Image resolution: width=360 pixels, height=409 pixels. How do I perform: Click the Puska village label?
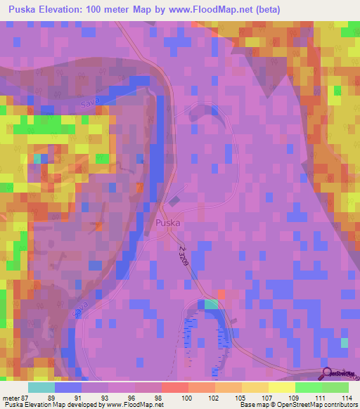click(x=167, y=223)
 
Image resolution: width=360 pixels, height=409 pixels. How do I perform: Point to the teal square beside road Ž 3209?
click(x=211, y=304)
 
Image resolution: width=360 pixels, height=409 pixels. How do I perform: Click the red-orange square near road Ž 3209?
click(x=221, y=293)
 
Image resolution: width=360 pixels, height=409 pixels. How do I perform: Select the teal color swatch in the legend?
click(x=41, y=387)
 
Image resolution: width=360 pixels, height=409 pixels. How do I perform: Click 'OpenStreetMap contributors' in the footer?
click(x=316, y=404)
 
